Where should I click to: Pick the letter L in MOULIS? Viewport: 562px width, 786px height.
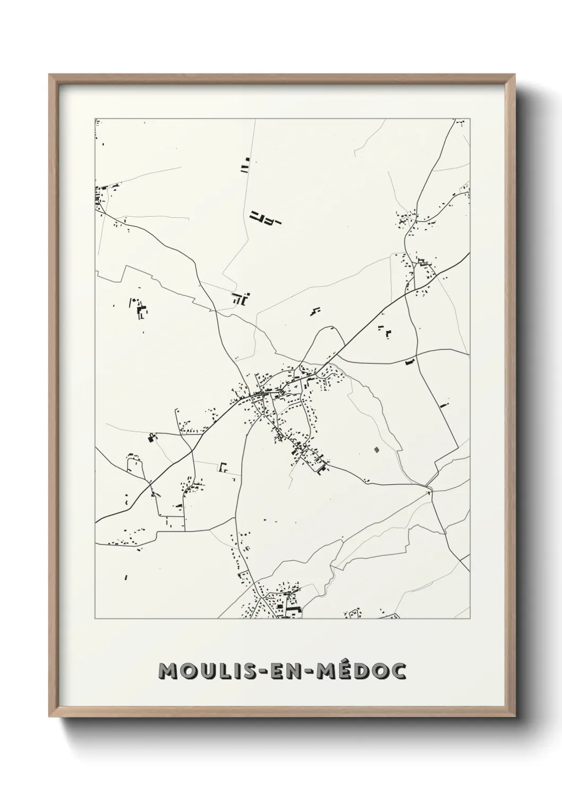229,671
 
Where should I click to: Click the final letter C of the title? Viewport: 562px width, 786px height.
398,671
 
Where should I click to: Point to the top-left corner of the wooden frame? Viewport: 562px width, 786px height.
49,75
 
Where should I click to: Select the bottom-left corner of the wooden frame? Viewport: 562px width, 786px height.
49,716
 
